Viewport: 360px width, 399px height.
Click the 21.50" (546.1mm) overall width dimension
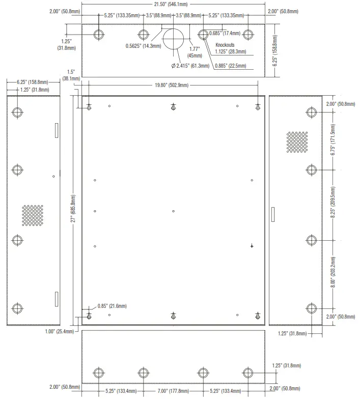click(x=174, y=4)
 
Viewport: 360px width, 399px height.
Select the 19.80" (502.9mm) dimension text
click(x=174, y=85)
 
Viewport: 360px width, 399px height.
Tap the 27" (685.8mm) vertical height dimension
click(x=73, y=209)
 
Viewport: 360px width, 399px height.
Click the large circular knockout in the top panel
click(x=174, y=38)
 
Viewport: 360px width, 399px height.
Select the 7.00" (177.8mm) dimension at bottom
click(x=173, y=391)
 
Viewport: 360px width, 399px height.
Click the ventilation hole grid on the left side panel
click(x=32, y=215)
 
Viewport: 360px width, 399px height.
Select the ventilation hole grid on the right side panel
click(x=297, y=142)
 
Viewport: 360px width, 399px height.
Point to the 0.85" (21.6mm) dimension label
click(x=112, y=306)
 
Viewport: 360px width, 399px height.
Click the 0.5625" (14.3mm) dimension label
click(x=143, y=46)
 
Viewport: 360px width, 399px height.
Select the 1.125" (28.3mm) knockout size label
click(x=230, y=51)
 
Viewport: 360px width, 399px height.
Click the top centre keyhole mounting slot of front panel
click(x=174, y=107)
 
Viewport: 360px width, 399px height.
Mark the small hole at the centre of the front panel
click(x=174, y=211)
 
